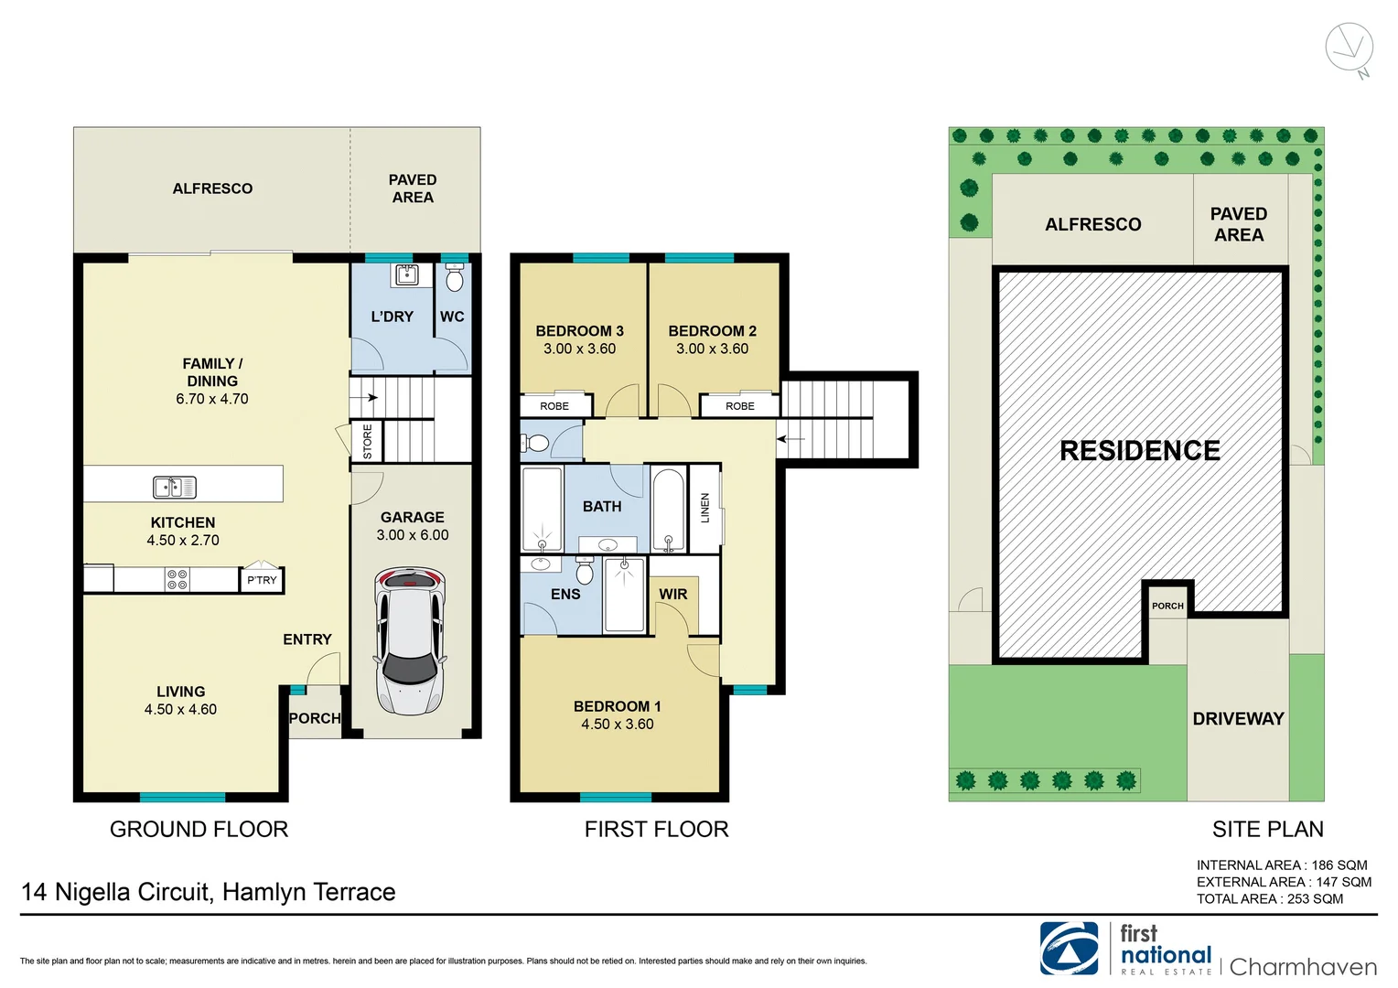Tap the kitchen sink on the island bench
(x=174, y=487)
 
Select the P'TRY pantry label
(x=262, y=580)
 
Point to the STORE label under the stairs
(x=368, y=441)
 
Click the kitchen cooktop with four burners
(x=177, y=579)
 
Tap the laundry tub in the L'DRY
(x=406, y=274)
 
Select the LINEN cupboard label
(x=704, y=508)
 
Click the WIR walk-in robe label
(x=673, y=595)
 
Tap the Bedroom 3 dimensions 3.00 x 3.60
(x=579, y=349)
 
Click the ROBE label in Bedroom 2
(x=739, y=406)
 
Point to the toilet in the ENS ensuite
(x=585, y=571)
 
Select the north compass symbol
(x=1350, y=48)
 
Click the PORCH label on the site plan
(x=1167, y=606)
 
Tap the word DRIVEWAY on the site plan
(x=1238, y=719)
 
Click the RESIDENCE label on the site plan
(x=1140, y=451)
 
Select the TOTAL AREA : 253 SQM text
(x=1269, y=899)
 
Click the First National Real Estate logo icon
(x=1069, y=949)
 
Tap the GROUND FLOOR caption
(x=199, y=830)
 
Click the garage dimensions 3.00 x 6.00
(x=413, y=535)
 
